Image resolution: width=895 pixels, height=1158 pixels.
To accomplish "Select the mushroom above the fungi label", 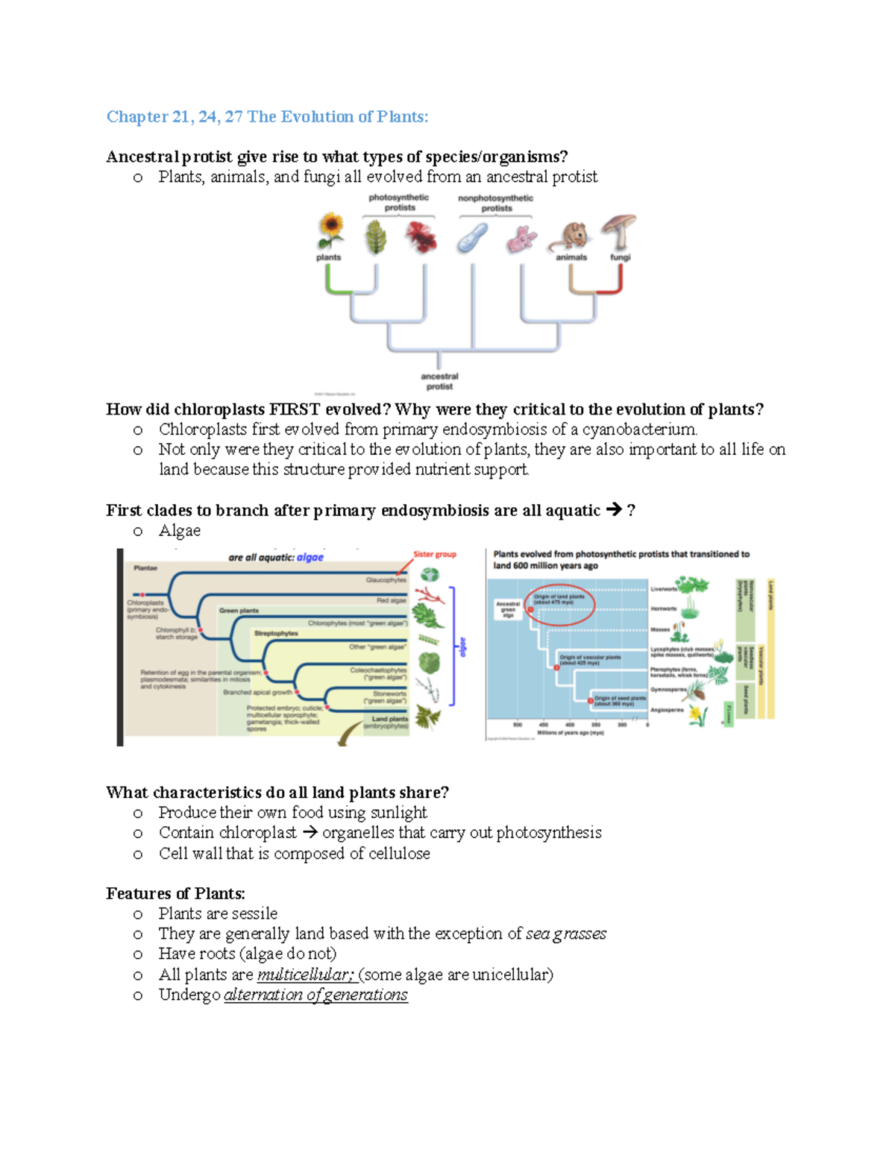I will click(619, 231).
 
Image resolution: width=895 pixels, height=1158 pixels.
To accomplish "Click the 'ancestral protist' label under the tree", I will click(439, 381).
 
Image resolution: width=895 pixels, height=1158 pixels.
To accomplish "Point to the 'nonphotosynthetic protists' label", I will click(496, 203).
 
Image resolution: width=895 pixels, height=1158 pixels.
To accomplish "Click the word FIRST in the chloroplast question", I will click(295, 409).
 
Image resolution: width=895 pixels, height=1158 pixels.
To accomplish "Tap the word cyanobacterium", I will click(639, 429).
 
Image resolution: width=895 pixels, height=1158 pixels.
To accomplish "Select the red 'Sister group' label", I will click(435, 554).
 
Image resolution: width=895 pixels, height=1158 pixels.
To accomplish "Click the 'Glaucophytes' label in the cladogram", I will click(386, 579).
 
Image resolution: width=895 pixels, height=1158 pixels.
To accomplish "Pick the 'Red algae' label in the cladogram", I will click(392, 600).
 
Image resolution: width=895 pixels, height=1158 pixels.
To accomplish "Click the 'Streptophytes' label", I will click(276, 633).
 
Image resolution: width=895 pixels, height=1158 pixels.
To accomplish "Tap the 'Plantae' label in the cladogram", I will click(145, 568).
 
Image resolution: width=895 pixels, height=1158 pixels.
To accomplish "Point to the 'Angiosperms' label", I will click(667, 710).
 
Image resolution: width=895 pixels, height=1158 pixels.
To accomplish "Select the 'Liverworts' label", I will click(664, 589).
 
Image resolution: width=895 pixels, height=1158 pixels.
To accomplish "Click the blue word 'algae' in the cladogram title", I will click(310, 557).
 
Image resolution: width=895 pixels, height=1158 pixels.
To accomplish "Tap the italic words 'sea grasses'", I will click(566, 934).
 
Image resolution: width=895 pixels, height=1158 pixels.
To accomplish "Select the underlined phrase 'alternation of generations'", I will click(315, 995).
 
